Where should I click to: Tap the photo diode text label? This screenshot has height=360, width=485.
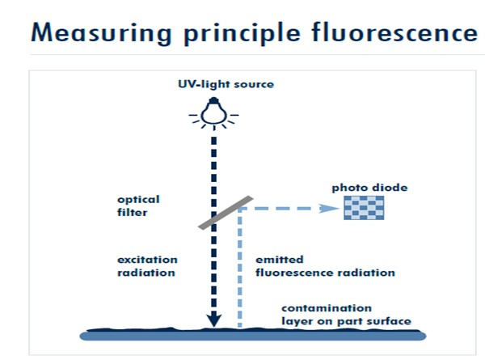pyautogui.click(x=369, y=188)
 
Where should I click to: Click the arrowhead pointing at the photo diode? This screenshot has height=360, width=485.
pyautogui.click(x=331, y=208)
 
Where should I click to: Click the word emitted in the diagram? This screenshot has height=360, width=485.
pyautogui.click(x=280, y=260)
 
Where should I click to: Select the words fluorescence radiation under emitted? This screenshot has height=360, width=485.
pyautogui.click(x=325, y=273)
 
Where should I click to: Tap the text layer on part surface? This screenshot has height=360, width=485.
pyautogui.click(x=345, y=321)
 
